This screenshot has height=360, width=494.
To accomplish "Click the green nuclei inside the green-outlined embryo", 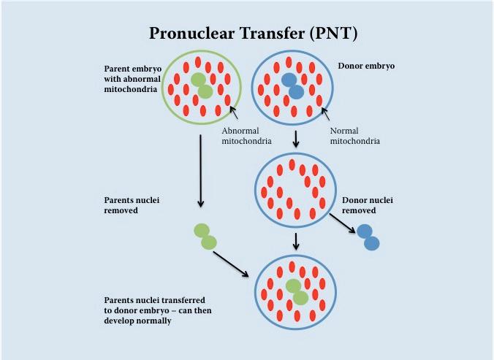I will (x=201, y=85).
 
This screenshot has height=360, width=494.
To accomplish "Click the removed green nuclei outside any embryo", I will (x=205, y=236).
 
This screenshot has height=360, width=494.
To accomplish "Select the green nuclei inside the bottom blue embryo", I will (x=296, y=291).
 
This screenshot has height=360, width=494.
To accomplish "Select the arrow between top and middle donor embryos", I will (x=294, y=139).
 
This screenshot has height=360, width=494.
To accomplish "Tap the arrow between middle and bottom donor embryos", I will (x=294, y=242).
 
